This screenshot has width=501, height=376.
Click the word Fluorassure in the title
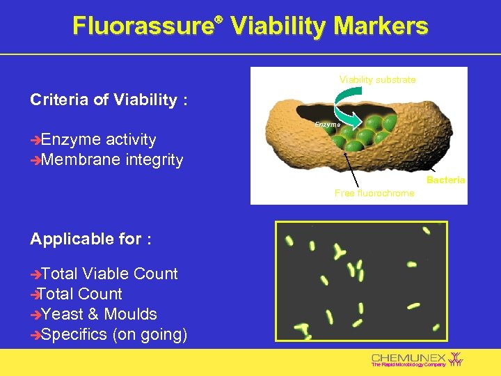click(x=142, y=26)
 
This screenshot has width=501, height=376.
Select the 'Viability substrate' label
click(x=377, y=79)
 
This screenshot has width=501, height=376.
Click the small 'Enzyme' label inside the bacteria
click(x=327, y=124)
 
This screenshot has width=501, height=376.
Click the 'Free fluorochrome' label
click(x=374, y=193)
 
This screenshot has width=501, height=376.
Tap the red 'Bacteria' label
click(x=445, y=180)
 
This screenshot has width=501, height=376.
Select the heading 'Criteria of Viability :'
click(x=109, y=100)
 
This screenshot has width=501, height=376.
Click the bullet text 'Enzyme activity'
click(x=98, y=140)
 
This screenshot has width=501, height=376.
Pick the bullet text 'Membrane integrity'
click(x=112, y=160)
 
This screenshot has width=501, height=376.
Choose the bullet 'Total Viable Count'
click(x=109, y=274)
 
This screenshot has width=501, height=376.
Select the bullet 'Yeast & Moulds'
click(x=99, y=314)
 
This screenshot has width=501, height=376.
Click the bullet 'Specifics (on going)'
click(x=114, y=334)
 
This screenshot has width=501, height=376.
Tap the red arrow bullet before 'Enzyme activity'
click(x=35, y=140)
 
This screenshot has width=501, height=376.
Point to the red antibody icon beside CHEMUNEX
click(x=456, y=359)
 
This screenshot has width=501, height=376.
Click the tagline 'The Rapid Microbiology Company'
click(x=408, y=365)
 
